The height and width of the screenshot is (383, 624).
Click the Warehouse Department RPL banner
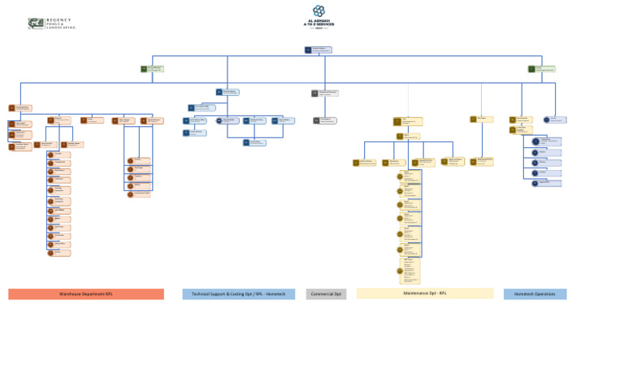[x=85, y=294]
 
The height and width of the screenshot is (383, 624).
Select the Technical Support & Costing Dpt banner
[x=238, y=294]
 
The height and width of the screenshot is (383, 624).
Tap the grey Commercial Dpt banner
[x=326, y=294]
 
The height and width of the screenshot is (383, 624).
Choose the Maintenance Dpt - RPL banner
[x=424, y=294]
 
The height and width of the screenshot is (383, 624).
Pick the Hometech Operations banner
[x=535, y=294]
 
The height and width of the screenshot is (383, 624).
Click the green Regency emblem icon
[x=36, y=24]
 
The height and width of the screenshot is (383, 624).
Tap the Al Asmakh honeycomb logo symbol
[x=318, y=11]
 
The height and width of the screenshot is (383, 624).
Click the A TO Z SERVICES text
[x=318, y=24]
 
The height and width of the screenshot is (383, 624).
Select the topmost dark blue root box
[x=318, y=50]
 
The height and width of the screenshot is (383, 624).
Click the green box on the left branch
[x=152, y=69]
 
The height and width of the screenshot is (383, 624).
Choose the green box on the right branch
[x=541, y=69]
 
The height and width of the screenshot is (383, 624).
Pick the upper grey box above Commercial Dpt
[x=324, y=93]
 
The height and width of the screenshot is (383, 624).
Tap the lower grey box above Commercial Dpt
[x=324, y=120]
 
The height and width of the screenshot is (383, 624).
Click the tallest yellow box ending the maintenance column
[x=408, y=271]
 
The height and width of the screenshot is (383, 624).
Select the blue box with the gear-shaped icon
[x=227, y=120]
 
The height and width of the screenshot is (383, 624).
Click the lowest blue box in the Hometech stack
[x=546, y=183]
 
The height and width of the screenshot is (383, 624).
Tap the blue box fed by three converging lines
[x=254, y=143]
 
